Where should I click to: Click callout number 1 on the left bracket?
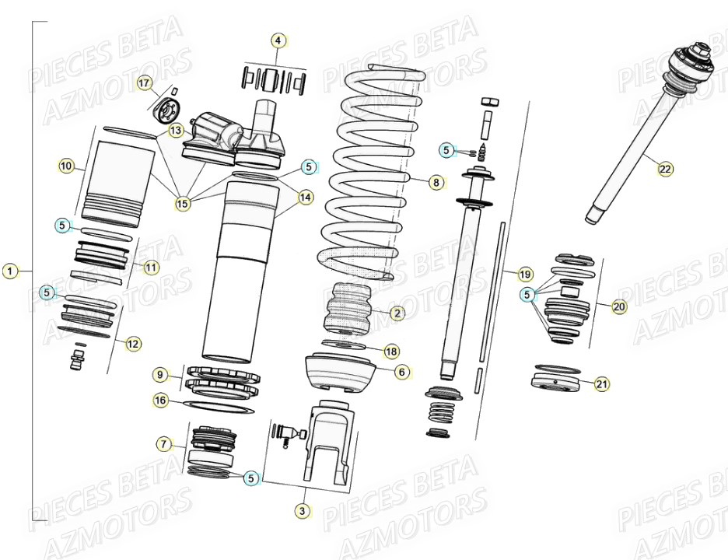click(9, 271)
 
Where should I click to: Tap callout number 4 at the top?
click(279, 40)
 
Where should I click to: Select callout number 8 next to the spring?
click(436, 183)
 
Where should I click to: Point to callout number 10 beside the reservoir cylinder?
click(66, 166)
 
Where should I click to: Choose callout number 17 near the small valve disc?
click(144, 82)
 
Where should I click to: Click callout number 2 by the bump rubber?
click(397, 313)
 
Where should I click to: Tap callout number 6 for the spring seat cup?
click(401, 372)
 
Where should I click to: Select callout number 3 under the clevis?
click(303, 510)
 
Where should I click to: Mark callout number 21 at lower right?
click(602, 383)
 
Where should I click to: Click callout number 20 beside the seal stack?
click(618, 306)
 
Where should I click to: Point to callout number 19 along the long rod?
click(525, 274)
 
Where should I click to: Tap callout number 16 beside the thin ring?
click(160, 401)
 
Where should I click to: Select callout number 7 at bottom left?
click(163, 444)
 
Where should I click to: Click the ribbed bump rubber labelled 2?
click(348, 313)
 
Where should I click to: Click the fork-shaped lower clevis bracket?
click(325, 443)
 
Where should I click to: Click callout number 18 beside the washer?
click(391, 352)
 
